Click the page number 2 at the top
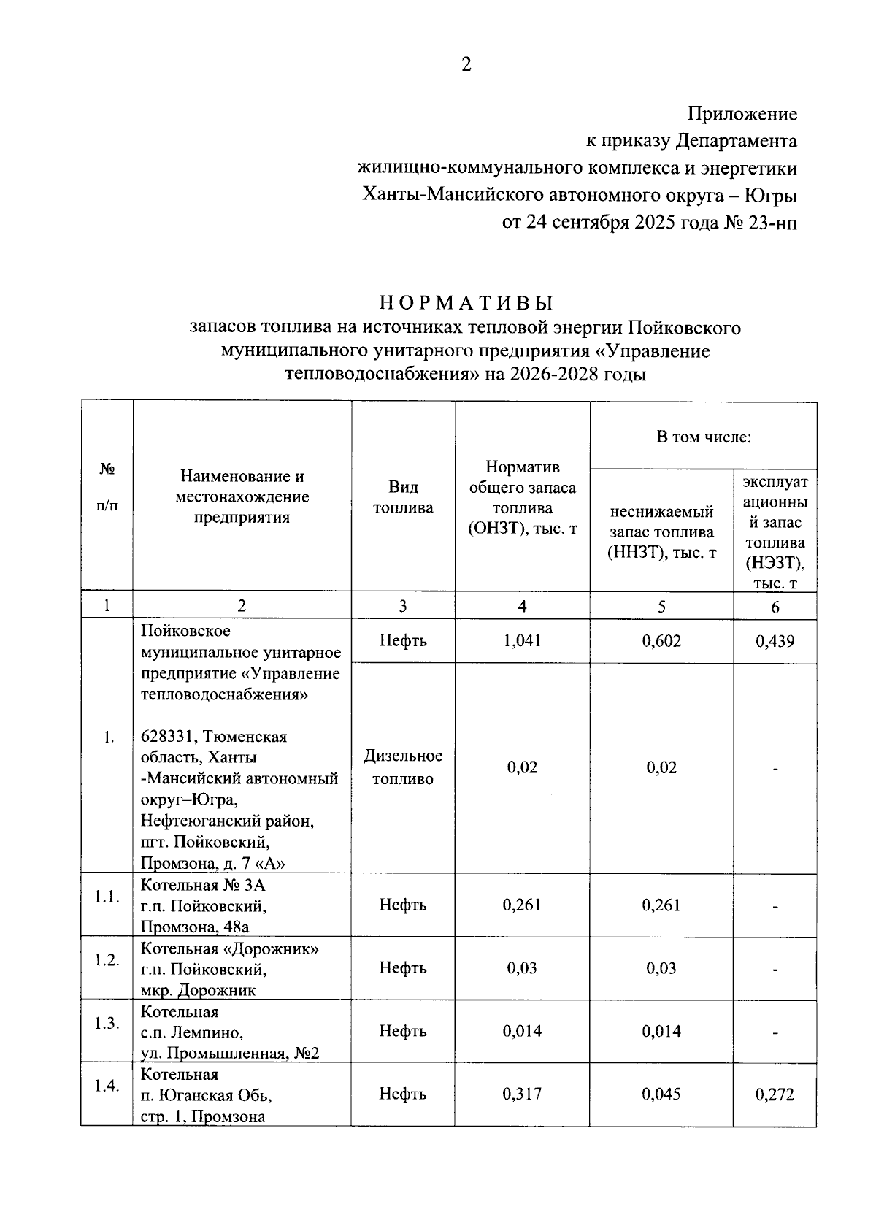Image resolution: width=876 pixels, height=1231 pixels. tap(466, 65)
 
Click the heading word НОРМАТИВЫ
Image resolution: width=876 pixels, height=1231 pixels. tap(466, 302)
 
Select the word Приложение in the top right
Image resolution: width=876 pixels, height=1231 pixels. tap(742, 115)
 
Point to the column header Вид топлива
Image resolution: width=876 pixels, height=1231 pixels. tap(403, 497)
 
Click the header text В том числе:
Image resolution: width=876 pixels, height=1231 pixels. tap(703, 437)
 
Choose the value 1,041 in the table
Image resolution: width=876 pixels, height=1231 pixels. tap(522, 641)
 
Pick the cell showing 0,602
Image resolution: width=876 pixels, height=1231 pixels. tap(661, 641)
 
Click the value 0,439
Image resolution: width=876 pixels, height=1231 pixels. tap(775, 642)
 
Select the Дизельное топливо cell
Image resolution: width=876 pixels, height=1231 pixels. tap(403, 767)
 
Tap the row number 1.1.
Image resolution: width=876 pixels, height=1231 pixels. tap(107, 897)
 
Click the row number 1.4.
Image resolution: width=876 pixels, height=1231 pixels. tap(107, 1086)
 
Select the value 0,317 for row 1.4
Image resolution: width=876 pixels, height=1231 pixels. tap(522, 1094)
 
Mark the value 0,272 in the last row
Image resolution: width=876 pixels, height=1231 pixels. tap(775, 1094)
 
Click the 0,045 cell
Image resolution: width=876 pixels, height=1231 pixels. tap(661, 1094)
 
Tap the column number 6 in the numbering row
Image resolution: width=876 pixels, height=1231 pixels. tap(775, 607)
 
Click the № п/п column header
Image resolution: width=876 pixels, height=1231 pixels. tap(107, 488)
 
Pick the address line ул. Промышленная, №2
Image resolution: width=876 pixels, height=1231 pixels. tap(229, 1053)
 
